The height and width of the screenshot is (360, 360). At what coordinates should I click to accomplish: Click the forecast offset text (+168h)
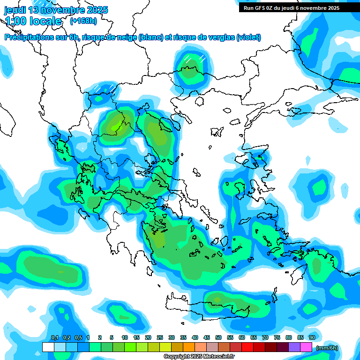(83, 21)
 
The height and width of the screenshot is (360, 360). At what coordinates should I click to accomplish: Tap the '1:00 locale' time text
(33, 21)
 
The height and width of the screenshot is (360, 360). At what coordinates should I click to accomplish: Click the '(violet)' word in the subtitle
(248, 37)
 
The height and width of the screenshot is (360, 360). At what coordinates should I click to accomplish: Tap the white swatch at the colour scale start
(48, 347)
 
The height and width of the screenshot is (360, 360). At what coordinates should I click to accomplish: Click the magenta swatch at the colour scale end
(306, 347)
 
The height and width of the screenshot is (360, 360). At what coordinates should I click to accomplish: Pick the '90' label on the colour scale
(312, 337)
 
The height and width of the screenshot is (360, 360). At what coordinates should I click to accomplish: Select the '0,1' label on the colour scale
(54, 337)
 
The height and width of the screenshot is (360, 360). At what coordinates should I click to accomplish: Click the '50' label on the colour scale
(218, 337)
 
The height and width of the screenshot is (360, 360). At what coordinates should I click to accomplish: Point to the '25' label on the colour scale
(160, 337)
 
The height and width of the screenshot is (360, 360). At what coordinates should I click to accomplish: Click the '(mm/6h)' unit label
(327, 348)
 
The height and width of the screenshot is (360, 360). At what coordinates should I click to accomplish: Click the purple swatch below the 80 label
(294, 347)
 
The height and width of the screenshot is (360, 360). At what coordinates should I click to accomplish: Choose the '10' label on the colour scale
(125, 337)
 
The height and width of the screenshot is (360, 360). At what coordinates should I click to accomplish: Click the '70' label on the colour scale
(265, 337)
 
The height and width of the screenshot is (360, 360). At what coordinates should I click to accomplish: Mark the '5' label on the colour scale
(112, 337)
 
